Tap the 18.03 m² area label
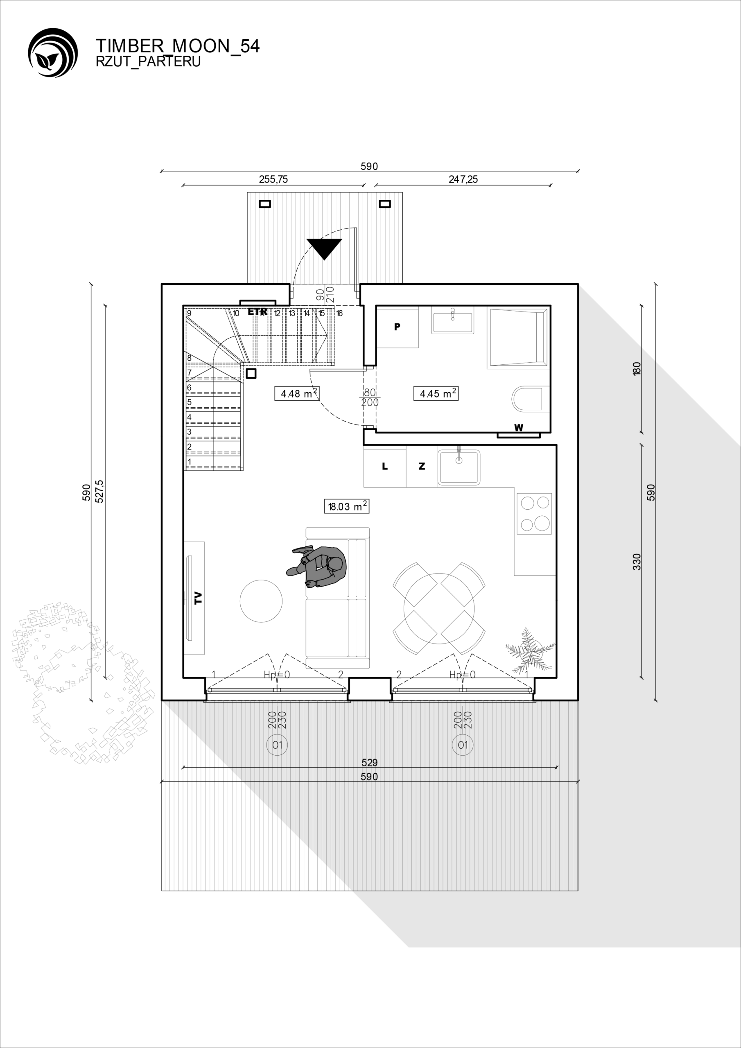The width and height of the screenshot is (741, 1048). point(346,506)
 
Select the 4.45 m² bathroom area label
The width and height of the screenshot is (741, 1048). point(436,393)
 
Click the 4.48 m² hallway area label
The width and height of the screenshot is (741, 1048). point(297,393)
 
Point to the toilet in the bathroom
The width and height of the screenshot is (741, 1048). point(527,400)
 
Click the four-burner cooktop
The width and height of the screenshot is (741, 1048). point(534,514)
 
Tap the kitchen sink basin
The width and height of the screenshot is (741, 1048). point(459,468)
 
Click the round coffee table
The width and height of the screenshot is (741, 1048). point(261,601)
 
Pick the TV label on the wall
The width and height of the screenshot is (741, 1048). point(198,598)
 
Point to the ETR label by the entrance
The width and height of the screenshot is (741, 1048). point(258,312)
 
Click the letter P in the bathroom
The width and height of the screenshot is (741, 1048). point(397,327)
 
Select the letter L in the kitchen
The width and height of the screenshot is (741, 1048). point(385,466)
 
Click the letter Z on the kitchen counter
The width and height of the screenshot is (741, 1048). point(422,466)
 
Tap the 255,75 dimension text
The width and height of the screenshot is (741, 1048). point(273,179)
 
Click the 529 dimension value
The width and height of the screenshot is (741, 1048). point(370,762)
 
